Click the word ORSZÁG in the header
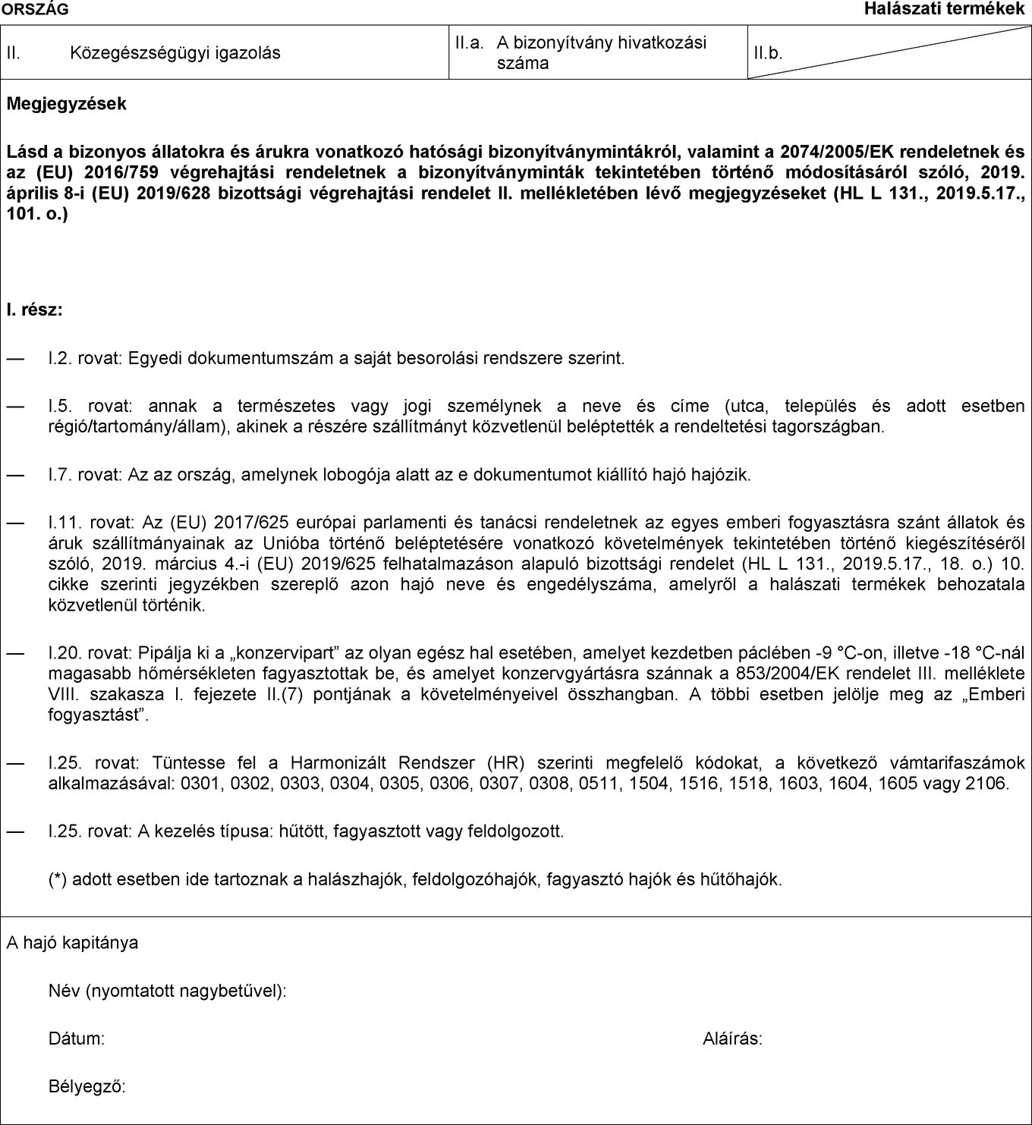(x=35, y=9)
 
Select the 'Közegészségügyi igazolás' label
(x=175, y=53)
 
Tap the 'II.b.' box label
(x=767, y=54)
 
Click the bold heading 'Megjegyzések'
(x=67, y=104)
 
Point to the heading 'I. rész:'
(x=35, y=310)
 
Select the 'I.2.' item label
(x=61, y=357)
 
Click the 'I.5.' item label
(x=61, y=406)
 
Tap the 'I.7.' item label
(x=61, y=475)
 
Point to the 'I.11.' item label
(x=64, y=523)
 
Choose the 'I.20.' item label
(x=64, y=652)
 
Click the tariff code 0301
(x=201, y=783)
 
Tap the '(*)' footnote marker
(x=58, y=880)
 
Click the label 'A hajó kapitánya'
(x=73, y=943)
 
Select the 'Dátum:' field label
(x=77, y=1039)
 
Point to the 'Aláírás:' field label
(x=732, y=1039)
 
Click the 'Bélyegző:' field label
(x=87, y=1086)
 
